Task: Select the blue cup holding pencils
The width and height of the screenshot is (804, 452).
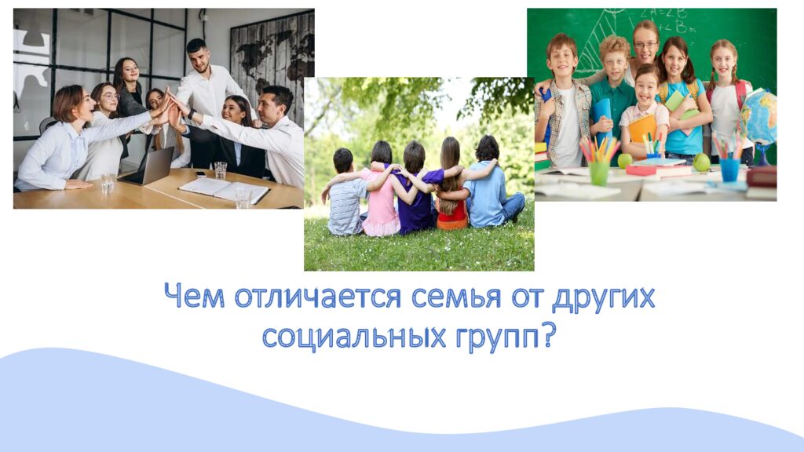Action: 730,169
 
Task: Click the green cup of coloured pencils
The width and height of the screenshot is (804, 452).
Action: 600,172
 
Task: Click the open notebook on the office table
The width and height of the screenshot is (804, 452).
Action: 224,188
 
